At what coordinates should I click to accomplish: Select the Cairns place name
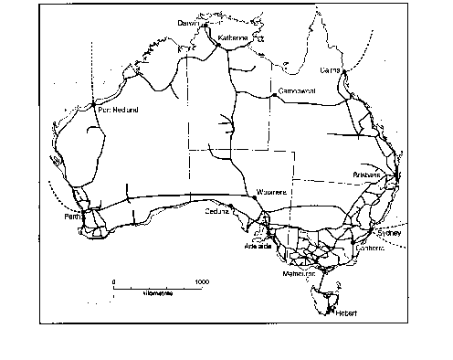[x=331, y=69]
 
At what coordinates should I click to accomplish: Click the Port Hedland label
[x=118, y=110]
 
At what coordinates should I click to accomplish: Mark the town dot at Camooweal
[x=272, y=94]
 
